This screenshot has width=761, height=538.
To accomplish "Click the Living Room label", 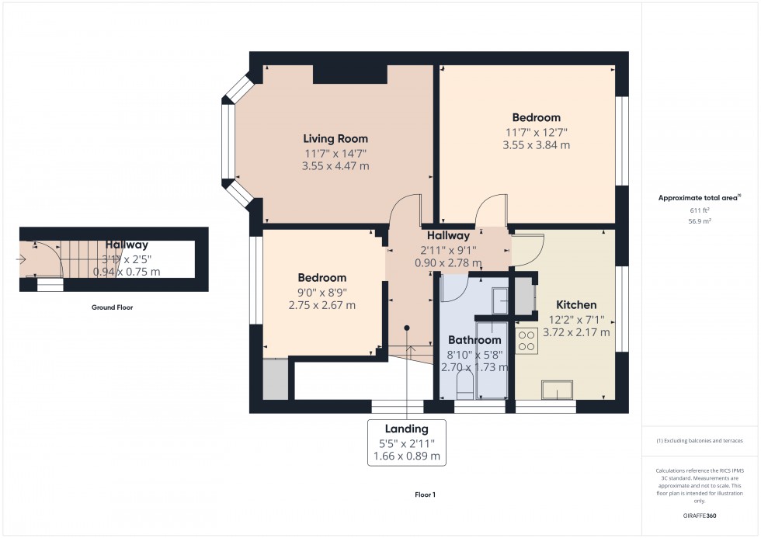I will [x=335, y=139].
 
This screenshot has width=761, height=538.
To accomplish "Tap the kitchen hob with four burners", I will [x=526, y=339].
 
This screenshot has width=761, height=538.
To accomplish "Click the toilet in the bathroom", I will [x=466, y=385].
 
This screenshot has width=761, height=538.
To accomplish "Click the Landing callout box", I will [x=406, y=443].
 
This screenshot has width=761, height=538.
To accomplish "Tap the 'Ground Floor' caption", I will [x=112, y=307].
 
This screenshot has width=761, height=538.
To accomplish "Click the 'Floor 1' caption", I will [x=425, y=495].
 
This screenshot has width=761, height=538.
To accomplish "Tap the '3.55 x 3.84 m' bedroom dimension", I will [x=536, y=145].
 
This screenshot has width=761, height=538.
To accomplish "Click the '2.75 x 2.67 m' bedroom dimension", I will [x=321, y=305].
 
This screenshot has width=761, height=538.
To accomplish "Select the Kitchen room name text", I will [x=576, y=305].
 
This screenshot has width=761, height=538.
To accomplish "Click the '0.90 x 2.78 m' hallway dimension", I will [x=448, y=262].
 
